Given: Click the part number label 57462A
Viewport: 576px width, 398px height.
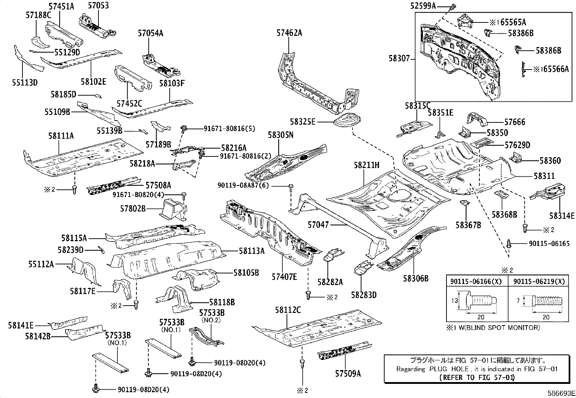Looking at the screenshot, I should (x=289, y=33).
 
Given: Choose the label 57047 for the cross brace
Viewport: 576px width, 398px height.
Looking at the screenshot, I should (x=318, y=225).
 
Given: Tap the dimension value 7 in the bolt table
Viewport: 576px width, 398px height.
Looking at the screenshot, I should (x=518, y=301).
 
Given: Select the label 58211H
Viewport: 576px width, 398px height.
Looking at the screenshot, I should (x=367, y=166).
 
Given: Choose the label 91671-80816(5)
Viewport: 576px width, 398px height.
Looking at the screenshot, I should (x=229, y=128).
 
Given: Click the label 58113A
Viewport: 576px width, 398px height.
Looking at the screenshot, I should (x=251, y=251).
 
